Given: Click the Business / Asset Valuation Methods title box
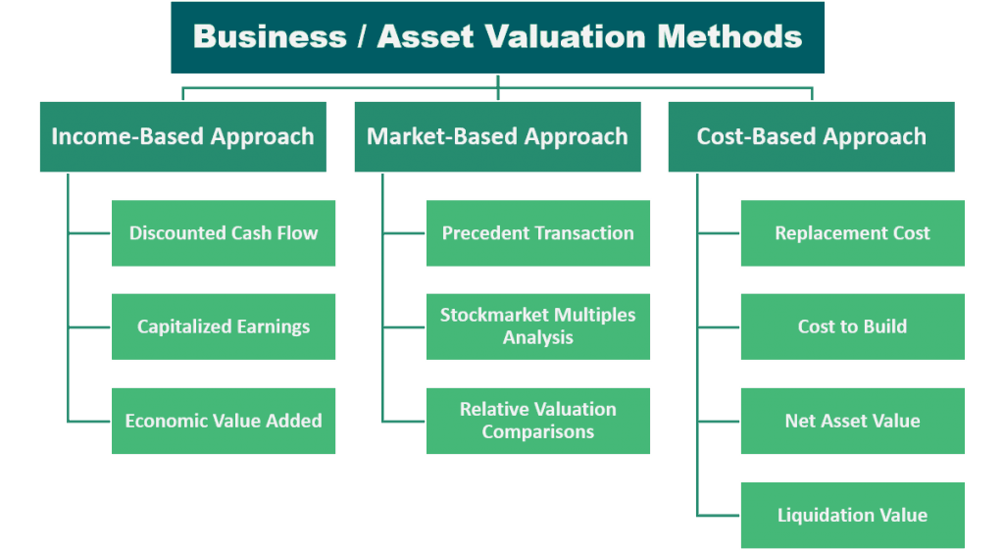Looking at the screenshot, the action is point(497,37).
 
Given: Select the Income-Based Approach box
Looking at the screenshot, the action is point(183,136).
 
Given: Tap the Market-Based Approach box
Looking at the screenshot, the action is point(497,136).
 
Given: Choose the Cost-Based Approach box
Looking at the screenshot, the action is point(811,136).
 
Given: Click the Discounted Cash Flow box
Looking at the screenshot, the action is point(224,233).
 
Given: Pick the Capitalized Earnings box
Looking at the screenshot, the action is point(224,326).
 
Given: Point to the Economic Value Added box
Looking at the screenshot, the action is point(224,421).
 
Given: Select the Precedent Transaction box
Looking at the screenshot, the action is point(538,233).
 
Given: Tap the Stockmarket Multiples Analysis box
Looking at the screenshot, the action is point(538,326).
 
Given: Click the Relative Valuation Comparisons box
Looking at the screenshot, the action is point(538,421).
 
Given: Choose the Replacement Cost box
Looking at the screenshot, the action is point(853,233).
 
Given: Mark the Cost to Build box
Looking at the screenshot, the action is point(853,326).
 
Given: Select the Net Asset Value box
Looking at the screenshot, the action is point(853,421).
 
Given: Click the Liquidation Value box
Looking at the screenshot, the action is point(853,515).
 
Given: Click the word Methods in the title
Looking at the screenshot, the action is point(729,36).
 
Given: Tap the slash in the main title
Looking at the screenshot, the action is point(362,36).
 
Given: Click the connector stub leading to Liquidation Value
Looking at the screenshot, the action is point(719,515).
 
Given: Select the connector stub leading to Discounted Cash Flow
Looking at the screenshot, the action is point(89,233).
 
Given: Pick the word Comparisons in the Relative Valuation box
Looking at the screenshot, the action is point(538,432).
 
